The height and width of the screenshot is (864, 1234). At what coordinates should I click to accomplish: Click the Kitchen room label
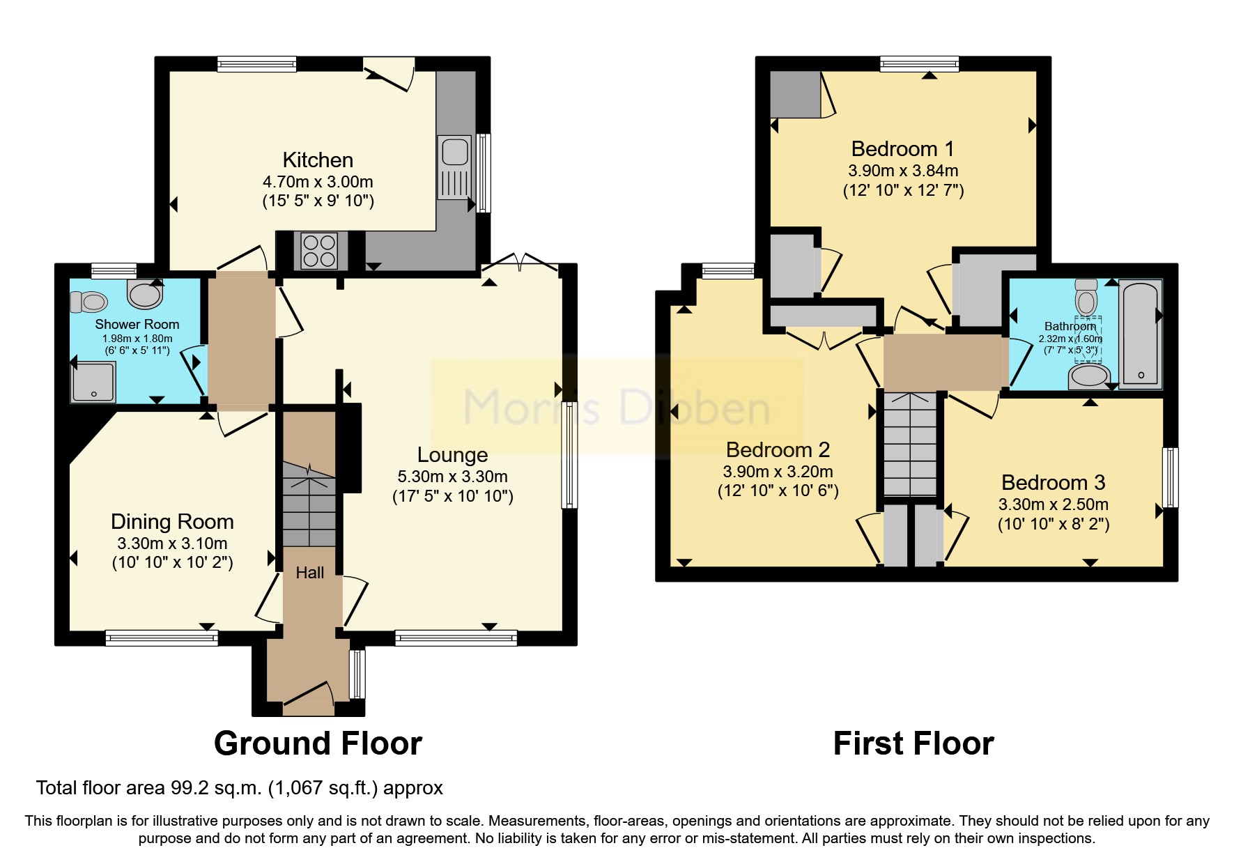click(318, 160)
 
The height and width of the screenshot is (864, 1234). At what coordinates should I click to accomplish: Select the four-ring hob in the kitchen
click(319, 251)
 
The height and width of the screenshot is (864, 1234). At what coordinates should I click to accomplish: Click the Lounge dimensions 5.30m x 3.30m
click(452, 477)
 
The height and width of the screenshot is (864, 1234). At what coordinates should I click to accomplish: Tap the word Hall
click(309, 573)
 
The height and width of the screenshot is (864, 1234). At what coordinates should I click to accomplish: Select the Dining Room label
click(172, 521)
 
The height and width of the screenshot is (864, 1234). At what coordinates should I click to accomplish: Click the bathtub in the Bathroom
click(1141, 333)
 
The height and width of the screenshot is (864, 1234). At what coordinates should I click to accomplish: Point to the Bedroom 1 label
click(902, 148)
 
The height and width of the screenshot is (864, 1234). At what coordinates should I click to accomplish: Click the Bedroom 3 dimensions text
click(1053, 504)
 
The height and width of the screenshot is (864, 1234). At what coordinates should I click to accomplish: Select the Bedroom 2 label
click(778, 449)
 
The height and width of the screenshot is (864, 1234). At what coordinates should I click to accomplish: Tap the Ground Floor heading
click(318, 743)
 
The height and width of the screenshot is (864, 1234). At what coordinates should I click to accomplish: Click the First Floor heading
click(913, 743)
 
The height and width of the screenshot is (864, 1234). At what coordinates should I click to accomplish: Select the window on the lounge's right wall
click(569, 454)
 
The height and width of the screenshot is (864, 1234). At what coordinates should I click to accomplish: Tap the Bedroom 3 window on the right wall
click(1171, 477)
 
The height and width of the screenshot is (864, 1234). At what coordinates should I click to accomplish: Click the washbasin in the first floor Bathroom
click(1088, 377)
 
